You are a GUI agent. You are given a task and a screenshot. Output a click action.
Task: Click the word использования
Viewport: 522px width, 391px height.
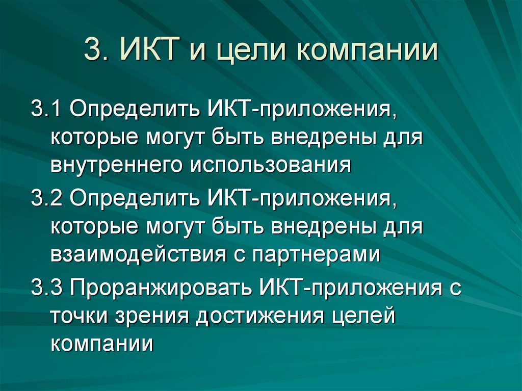271,165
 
